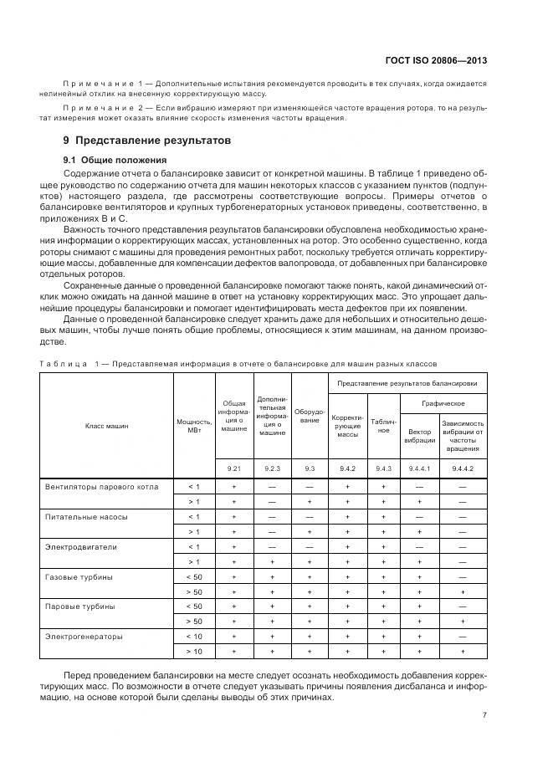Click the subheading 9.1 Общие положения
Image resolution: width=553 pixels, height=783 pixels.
(x=115, y=160)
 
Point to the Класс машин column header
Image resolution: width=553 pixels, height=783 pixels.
(x=106, y=425)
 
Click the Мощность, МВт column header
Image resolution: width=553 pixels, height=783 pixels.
(x=193, y=425)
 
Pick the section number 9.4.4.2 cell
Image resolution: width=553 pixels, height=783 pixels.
(x=463, y=468)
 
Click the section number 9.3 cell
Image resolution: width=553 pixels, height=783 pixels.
(x=310, y=468)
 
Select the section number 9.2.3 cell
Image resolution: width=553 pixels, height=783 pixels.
(x=272, y=468)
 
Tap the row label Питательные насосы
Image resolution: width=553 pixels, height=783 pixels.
(x=86, y=516)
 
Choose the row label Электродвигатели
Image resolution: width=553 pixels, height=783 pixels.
(x=81, y=546)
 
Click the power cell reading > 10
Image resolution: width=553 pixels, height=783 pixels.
(x=193, y=651)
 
